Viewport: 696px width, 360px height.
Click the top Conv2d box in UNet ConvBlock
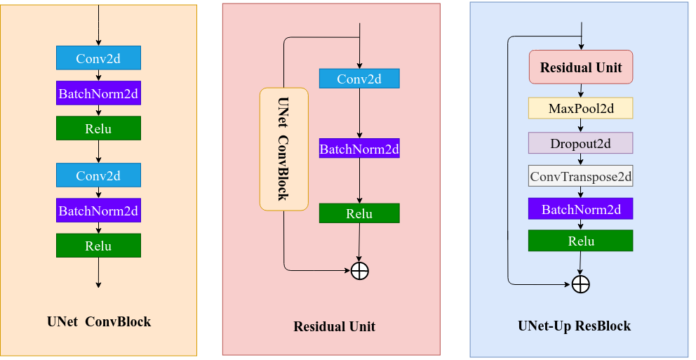98,58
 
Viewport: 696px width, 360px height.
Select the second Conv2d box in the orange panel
98,175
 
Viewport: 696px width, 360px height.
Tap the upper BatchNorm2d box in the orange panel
98,93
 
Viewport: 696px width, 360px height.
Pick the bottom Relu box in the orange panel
98,246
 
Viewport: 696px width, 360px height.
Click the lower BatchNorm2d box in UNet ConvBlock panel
98,210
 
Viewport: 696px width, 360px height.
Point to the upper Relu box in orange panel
98,128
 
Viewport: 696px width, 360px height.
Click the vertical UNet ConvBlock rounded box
283,149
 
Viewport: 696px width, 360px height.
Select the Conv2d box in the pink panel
359,79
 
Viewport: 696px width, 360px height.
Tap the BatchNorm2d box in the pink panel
359,148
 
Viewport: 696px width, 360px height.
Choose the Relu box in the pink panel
359,213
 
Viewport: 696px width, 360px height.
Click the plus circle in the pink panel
359,270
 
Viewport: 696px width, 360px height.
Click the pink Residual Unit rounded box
581,67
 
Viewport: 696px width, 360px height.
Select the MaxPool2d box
581,108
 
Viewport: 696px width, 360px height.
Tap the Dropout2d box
581,143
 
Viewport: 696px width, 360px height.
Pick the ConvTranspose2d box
581,176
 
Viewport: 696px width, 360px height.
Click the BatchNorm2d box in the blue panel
581,208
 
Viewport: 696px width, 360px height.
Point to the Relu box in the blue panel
581,241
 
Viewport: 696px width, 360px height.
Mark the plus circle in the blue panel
580,284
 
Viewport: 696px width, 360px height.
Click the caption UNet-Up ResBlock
574,326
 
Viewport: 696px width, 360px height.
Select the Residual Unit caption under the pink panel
334,326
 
